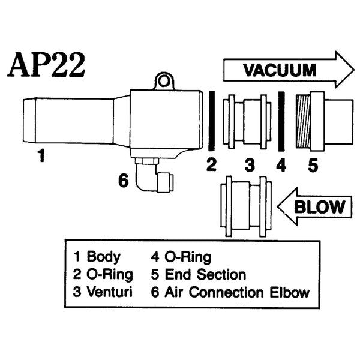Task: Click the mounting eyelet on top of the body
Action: (163, 80)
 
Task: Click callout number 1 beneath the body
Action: (41, 157)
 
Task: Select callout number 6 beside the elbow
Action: (123, 180)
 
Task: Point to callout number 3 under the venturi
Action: (250, 164)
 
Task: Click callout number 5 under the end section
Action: (313, 164)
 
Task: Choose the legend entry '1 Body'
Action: (97, 257)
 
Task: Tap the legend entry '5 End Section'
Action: (198, 275)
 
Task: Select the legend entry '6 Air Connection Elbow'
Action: (230, 293)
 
